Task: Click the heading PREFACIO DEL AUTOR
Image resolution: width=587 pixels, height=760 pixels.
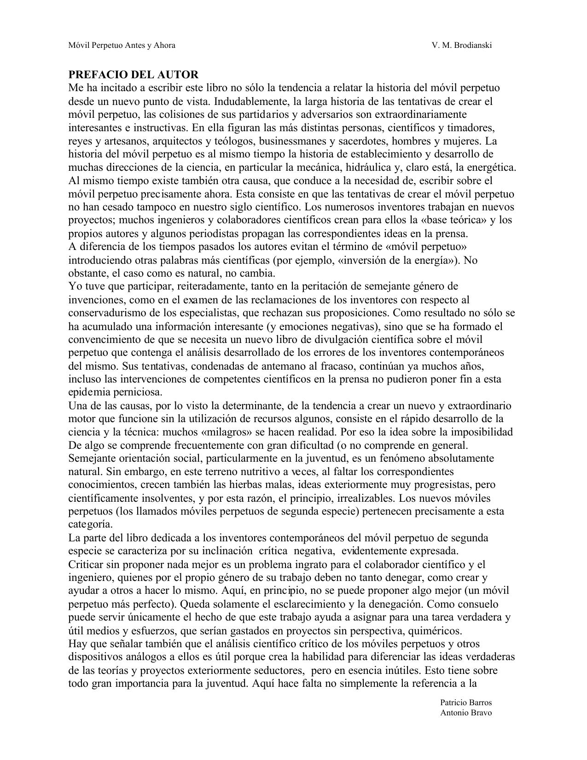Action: pyautogui.click(x=134, y=75)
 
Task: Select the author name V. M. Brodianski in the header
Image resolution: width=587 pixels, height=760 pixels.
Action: pyautogui.click(x=462, y=45)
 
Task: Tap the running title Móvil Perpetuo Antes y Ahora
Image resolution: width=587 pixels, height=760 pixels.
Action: pyautogui.click(x=122, y=45)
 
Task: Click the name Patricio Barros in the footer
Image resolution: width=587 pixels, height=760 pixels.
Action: pyautogui.click(x=466, y=702)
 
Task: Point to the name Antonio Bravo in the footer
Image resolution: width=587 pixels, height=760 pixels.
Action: pyautogui.click(x=466, y=713)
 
